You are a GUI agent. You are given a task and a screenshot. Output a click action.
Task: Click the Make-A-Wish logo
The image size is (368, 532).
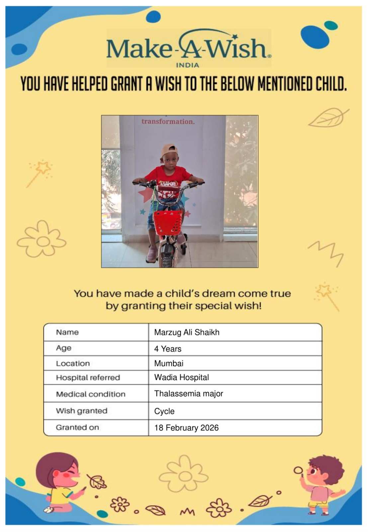click(x=188, y=47)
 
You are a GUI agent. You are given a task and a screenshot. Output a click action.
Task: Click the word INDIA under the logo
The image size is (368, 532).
click(x=187, y=65)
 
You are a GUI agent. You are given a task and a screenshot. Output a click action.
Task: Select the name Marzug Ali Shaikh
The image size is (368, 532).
click(x=187, y=332)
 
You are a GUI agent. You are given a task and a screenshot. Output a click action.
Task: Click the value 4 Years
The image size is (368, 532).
click(x=168, y=349)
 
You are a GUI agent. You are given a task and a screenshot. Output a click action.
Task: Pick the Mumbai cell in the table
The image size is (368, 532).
click(x=169, y=363)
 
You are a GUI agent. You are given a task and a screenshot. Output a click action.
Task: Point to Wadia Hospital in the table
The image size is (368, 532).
click(x=181, y=377)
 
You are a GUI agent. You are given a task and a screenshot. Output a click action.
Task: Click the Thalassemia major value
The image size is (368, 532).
click(x=188, y=394)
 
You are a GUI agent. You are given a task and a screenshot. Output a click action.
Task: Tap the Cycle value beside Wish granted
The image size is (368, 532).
click(x=164, y=411)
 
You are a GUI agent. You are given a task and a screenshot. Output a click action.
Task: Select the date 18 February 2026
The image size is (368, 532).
click(x=186, y=428)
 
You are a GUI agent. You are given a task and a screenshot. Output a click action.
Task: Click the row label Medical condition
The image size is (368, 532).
click(x=91, y=394)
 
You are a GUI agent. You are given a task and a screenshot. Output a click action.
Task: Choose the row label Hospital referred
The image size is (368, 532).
click(x=88, y=378)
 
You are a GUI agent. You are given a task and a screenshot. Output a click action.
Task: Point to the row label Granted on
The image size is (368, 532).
click(x=77, y=428)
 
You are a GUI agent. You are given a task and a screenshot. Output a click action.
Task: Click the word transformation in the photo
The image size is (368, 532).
click(x=168, y=122)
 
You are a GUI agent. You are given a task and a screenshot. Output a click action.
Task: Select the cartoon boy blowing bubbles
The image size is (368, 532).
click(x=321, y=484)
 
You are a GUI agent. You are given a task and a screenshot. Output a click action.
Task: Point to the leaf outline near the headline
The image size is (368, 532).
click(x=328, y=117)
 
